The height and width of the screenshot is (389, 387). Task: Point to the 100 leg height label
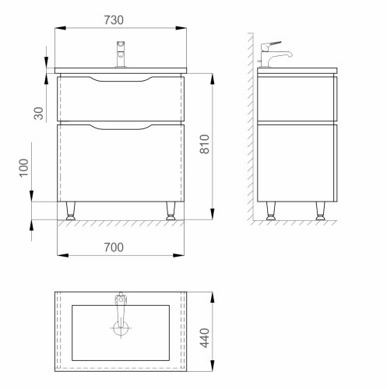click(x=24, y=169)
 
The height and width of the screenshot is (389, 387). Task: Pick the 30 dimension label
click(x=24, y=112)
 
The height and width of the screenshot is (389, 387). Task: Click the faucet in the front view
click(x=121, y=56)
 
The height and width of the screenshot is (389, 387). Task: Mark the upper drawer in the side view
click(x=296, y=97)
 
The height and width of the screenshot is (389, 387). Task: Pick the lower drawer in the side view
click(x=296, y=163)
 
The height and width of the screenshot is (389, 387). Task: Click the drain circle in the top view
click(x=121, y=329)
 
